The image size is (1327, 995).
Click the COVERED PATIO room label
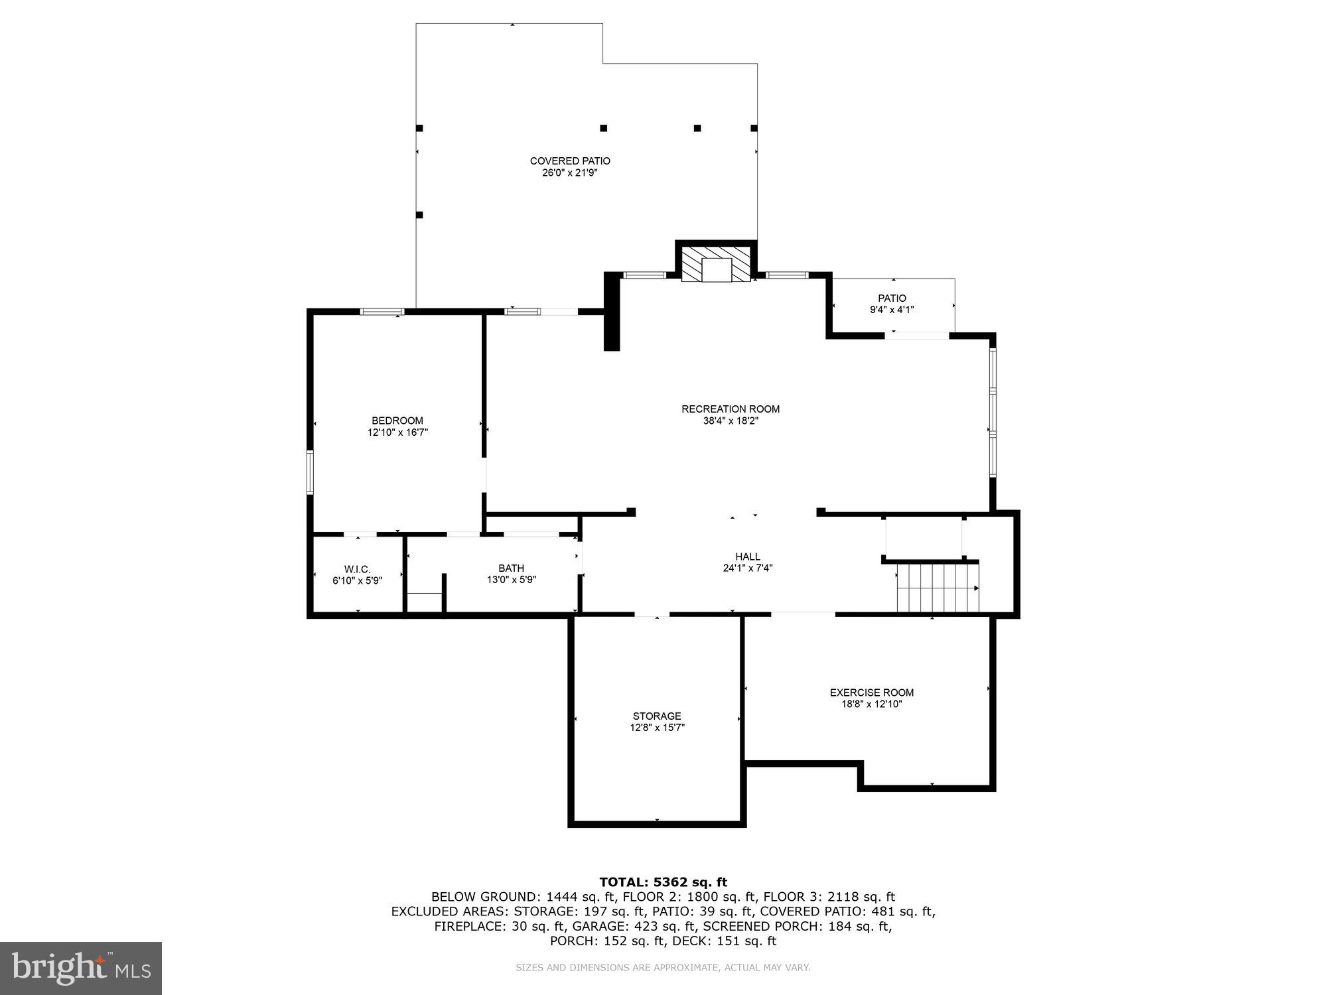coord(570,161)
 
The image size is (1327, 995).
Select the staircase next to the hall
coord(937,588)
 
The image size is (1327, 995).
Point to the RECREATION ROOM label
coord(731,409)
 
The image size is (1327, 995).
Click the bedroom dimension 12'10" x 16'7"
coord(397,432)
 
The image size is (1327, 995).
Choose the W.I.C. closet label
coord(357,569)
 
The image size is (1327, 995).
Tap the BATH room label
coord(511,568)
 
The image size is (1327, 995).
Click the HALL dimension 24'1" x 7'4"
coord(748,568)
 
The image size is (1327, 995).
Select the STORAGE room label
coord(657,716)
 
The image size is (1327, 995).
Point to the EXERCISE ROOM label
coord(871,693)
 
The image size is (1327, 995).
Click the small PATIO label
coord(892,298)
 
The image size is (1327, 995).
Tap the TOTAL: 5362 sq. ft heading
coord(663,882)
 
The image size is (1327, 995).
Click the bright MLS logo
coord(81,968)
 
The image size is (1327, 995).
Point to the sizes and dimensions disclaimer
coord(663,968)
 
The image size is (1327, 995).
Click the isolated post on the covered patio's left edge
coord(419,215)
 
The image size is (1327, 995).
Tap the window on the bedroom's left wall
coord(310,472)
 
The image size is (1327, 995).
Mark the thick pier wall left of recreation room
coord(611,312)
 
